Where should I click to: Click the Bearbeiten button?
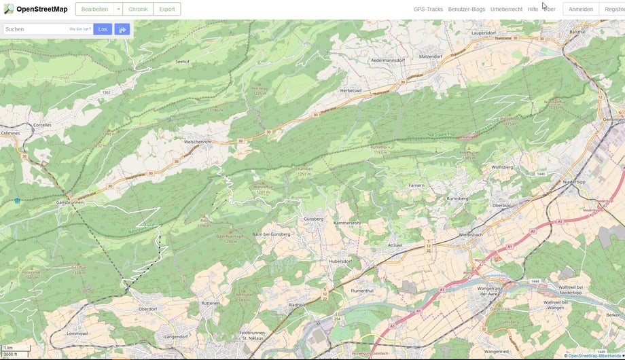[x=94, y=10]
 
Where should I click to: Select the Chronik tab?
[x=138, y=10]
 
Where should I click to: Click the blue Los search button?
[x=103, y=29]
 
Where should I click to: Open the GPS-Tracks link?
[x=428, y=10]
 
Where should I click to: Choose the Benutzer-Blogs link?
[x=465, y=10]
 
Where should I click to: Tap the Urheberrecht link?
[x=506, y=10]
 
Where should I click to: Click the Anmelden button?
[x=580, y=10]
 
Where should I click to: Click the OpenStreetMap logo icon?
[x=8, y=9]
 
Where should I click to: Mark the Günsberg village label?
[x=313, y=219]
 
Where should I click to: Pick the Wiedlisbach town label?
[x=470, y=233]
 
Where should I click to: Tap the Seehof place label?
[x=182, y=61]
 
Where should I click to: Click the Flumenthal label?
[x=363, y=290]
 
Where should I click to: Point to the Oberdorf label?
[x=148, y=308]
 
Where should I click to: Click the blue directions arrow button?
[x=122, y=29]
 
